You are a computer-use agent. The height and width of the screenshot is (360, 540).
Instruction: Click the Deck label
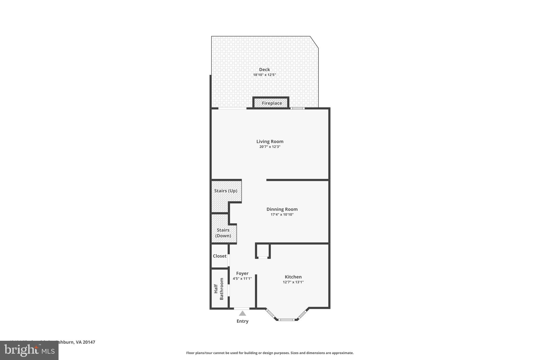coord(264,70)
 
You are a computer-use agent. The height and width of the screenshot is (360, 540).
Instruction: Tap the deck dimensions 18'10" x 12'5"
coord(264,75)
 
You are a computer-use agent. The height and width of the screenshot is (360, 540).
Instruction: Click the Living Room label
coord(270,142)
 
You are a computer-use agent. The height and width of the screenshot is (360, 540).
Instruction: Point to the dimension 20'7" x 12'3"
coord(270,147)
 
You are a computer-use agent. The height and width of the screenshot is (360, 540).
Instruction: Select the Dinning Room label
coord(282,209)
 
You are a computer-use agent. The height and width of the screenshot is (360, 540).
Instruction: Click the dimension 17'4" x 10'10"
coord(282,215)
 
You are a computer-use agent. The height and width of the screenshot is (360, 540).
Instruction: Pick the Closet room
coord(220,256)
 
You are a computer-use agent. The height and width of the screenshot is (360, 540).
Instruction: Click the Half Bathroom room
coord(219,289)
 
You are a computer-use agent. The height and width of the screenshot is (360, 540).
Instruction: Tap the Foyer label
coord(242,273)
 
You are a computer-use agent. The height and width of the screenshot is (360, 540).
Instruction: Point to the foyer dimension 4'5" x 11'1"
coord(242,279)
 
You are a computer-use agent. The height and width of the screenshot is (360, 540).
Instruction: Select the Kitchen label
coord(293,277)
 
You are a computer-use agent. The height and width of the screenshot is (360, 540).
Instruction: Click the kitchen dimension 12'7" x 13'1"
coord(293,282)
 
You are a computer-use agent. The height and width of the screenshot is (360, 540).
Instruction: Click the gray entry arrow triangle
coord(242,314)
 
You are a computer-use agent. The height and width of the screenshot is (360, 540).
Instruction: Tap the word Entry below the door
coord(242,321)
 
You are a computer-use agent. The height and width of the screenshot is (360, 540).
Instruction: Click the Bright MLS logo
coord(29,350)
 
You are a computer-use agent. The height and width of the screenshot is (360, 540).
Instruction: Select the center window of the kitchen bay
coord(287,320)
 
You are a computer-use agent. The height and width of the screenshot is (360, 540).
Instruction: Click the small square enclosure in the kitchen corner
coord(263,251)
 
